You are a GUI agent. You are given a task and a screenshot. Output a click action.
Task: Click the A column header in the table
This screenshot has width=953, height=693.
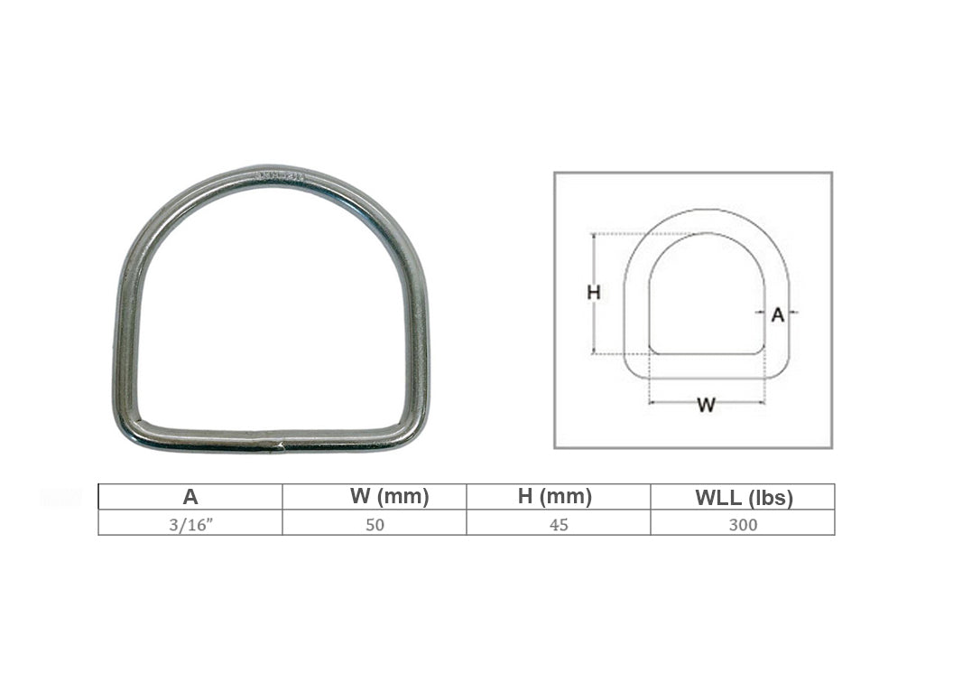coord(190,497)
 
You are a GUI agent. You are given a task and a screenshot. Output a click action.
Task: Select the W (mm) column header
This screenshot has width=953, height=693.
coord(390,496)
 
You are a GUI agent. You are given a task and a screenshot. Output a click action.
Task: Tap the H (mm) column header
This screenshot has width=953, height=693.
coord(555,496)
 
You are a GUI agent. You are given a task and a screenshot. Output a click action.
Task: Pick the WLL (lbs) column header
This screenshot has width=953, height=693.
coord(744,498)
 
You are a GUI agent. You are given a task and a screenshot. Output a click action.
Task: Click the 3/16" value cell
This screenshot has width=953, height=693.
coord(190,524)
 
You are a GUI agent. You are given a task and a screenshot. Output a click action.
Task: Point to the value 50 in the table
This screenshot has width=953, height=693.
coord(375,524)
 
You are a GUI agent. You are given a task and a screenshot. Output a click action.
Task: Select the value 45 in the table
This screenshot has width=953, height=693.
coord(559,524)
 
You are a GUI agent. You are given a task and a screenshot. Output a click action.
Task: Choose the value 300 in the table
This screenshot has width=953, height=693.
coord(743,524)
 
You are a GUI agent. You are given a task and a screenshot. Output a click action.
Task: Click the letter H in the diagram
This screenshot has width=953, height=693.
coord(594,293)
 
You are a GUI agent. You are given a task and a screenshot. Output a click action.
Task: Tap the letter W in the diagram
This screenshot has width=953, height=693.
coord(707,405)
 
